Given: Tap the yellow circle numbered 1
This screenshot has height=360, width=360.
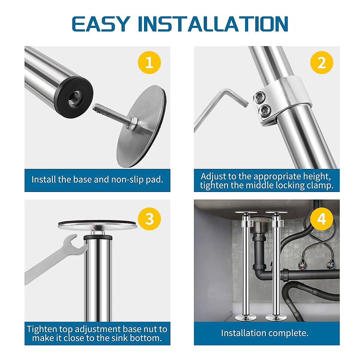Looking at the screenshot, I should pyautogui.click(x=149, y=63).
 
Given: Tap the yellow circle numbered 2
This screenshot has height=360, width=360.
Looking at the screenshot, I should pyautogui.click(x=321, y=63).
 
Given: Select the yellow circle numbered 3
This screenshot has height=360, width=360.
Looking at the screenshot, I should pyautogui.click(x=149, y=219).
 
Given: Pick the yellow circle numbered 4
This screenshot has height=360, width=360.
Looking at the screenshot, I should pyautogui.click(x=321, y=219).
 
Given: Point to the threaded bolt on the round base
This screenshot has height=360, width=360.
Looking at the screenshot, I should pyautogui.click(x=111, y=113).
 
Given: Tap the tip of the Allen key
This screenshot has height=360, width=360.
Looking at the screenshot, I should pyautogui.click(x=245, y=103).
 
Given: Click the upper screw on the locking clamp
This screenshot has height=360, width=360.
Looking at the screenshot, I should pyautogui.click(x=259, y=97).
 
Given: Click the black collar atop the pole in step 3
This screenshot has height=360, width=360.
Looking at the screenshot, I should pyautogui.click(x=98, y=238).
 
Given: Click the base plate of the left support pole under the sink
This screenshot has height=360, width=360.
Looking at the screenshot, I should pyautogui.click(x=246, y=318).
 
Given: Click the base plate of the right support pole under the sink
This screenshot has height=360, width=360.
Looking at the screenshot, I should pyautogui.click(x=276, y=318).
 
